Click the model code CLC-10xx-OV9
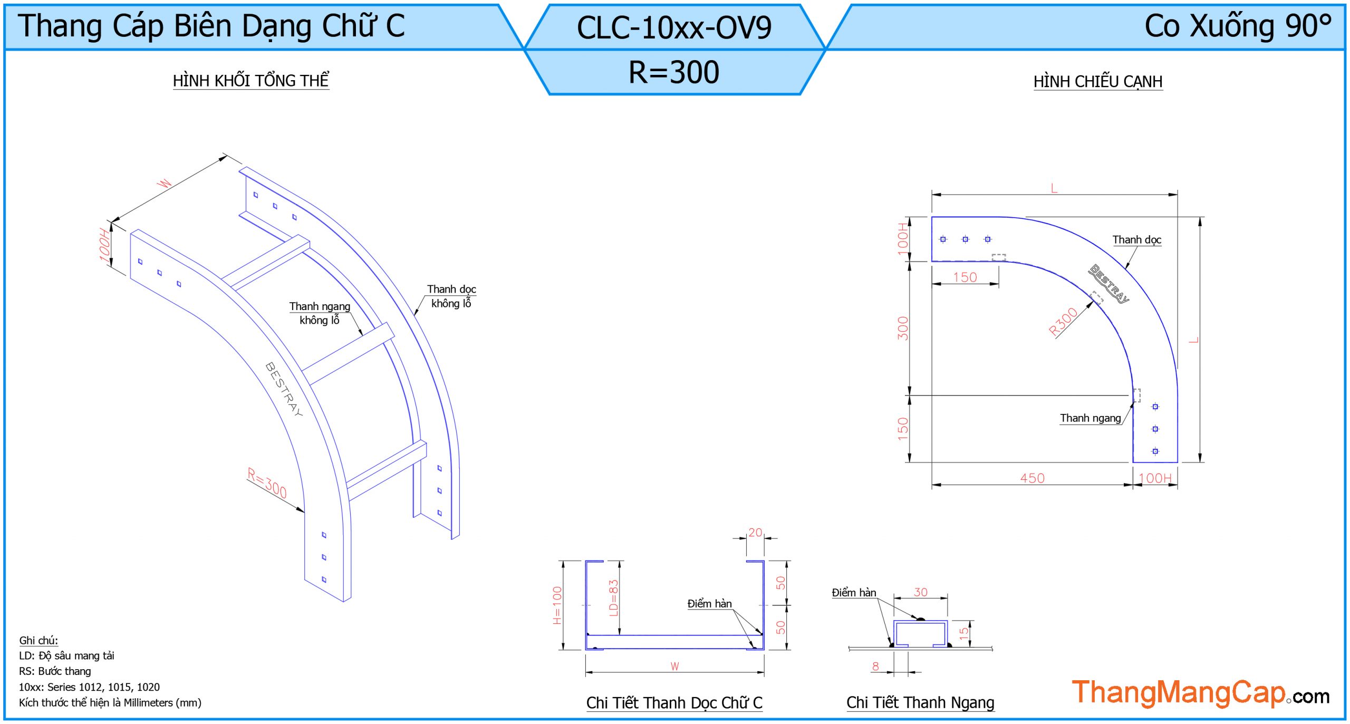pyautogui.click(x=674, y=27)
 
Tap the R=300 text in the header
pyautogui.click(x=674, y=72)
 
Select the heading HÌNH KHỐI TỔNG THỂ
pyautogui.click(x=251, y=81)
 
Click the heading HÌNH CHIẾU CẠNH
pyautogui.click(x=1098, y=82)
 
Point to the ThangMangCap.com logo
pyautogui.click(x=1200, y=693)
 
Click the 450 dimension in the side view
pyautogui.click(x=1032, y=478)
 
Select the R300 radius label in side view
pyautogui.click(x=1063, y=322)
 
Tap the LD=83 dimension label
pyautogui.click(x=613, y=598)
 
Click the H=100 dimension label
pyautogui.click(x=557, y=605)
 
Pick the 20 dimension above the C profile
pyautogui.click(x=755, y=533)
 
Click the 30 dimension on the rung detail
pyautogui.click(x=921, y=592)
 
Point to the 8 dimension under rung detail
pyautogui.click(x=875, y=666)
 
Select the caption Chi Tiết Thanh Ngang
pyautogui.click(x=920, y=702)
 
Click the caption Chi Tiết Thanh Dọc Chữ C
pyautogui.click(x=674, y=702)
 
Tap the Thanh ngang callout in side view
pyautogui.click(x=1090, y=418)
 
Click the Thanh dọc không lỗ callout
pyautogui.click(x=451, y=296)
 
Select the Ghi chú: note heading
pyautogui.click(x=38, y=640)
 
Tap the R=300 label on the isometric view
pyautogui.click(x=267, y=482)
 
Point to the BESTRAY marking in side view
pyautogui.click(x=1109, y=284)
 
